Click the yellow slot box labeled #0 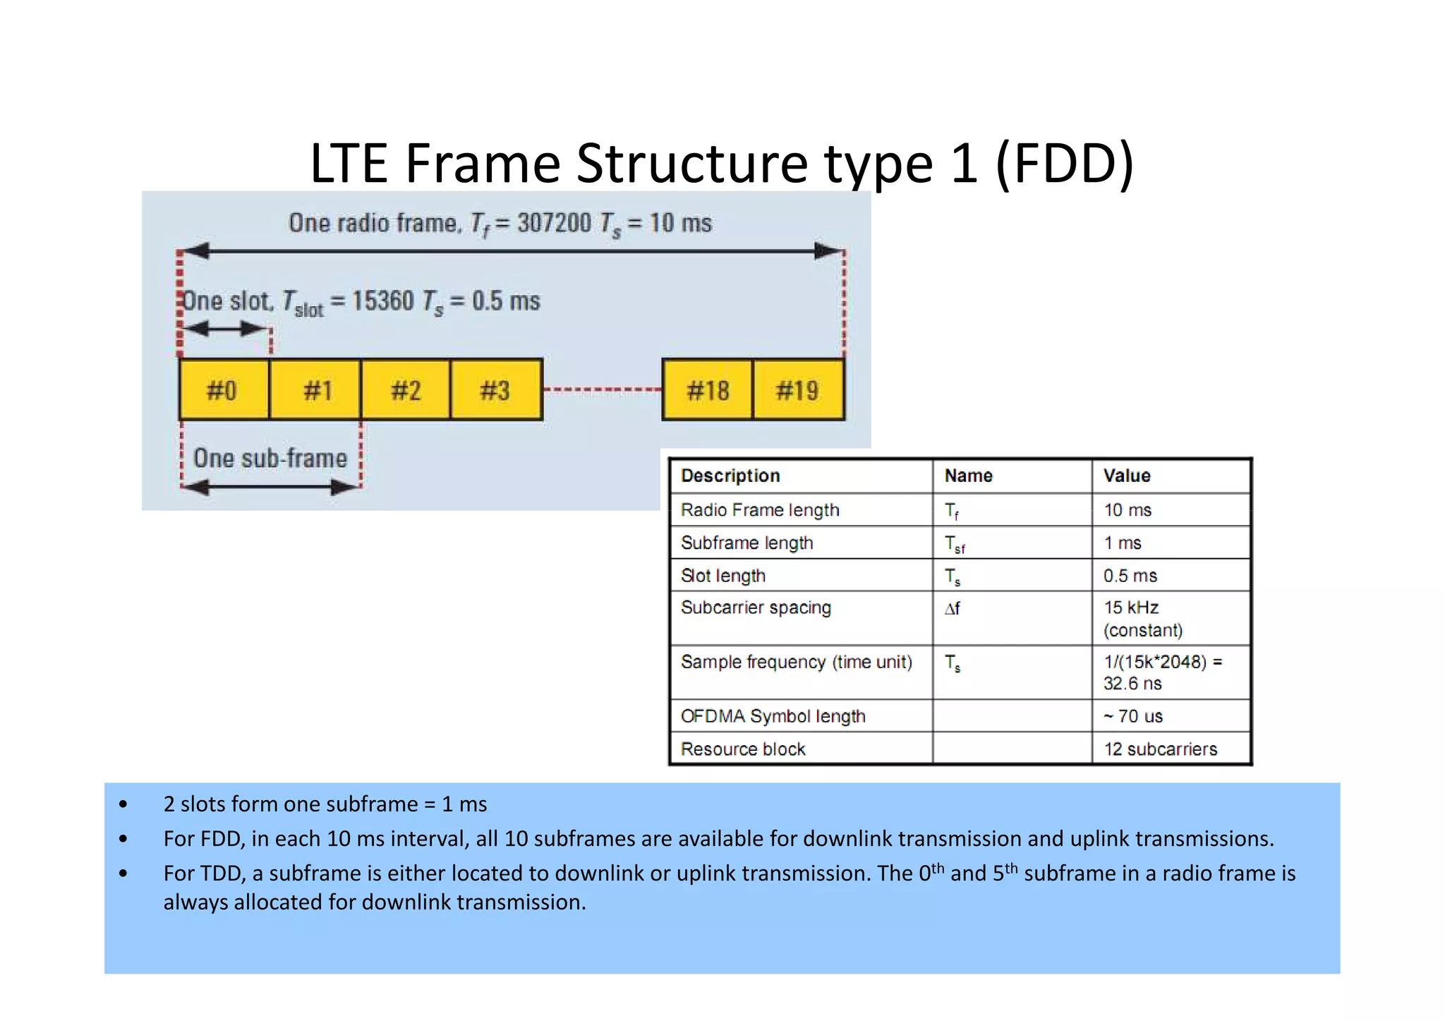pyautogui.click(x=223, y=389)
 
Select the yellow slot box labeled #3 pyautogui.click(x=495, y=389)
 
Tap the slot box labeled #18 pyautogui.click(x=707, y=389)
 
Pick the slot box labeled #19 pyautogui.click(x=798, y=389)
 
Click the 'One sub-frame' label pyautogui.click(x=270, y=458)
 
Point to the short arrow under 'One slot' pyautogui.click(x=226, y=329)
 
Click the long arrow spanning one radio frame pyautogui.click(x=511, y=250)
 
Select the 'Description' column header pyautogui.click(x=730, y=476)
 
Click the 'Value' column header pyautogui.click(x=1127, y=476)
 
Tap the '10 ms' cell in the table pyautogui.click(x=1127, y=509)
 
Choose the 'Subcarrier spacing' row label pyautogui.click(x=756, y=608)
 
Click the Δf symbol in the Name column pyautogui.click(x=953, y=608)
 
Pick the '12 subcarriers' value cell pyautogui.click(x=1161, y=749)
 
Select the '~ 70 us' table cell pyautogui.click(x=1133, y=716)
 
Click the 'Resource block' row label pyautogui.click(x=743, y=749)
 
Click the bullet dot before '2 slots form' pyautogui.click(x=123, y=804)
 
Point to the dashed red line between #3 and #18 pyautogui.click(x=602, y=389)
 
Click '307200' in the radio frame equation pyautogui.click(x=554, y=223)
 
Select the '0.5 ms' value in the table pyautogui.click(x=1130, y=576)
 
